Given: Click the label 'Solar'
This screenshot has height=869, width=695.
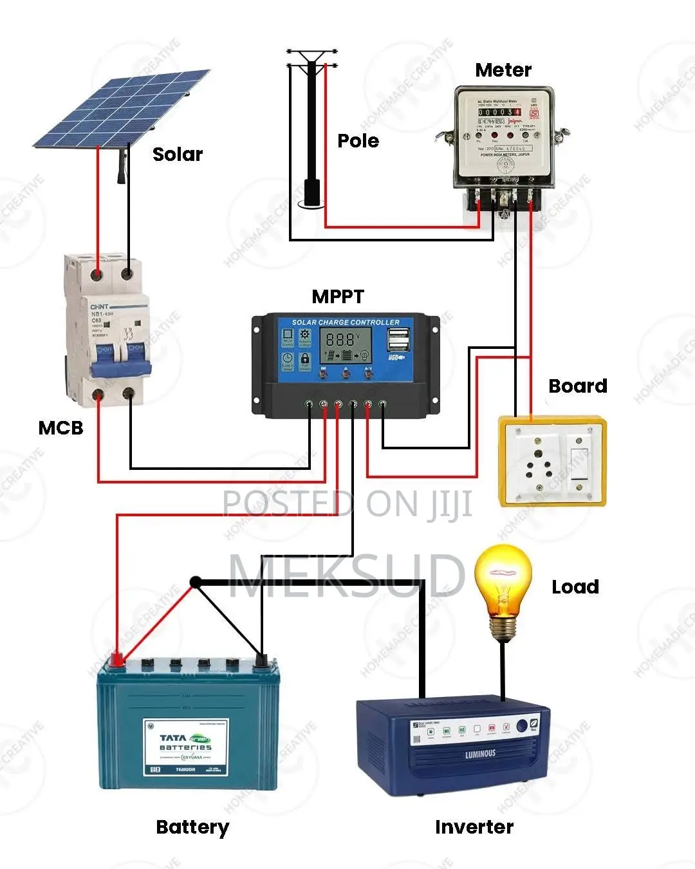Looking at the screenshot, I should pyautogui.click(x=178, y=154).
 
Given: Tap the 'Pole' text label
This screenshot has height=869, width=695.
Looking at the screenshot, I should pyautogui.click(x=358, y=141).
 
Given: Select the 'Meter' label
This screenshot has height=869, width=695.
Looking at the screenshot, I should pyautogui.click(x=503, y=70).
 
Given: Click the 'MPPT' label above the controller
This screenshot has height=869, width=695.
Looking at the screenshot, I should pyautogui.click(x=338, y=297).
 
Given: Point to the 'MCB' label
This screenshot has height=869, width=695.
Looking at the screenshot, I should pyautogui.click(x=61, y=428).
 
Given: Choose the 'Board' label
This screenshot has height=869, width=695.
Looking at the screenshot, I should pyautogui.click(x=578, y=386).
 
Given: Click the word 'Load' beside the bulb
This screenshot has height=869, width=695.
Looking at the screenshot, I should pyautogui.click(x=575, y=587).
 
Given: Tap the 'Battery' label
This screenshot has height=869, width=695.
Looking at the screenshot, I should pyautogui.click(x=192, y=828).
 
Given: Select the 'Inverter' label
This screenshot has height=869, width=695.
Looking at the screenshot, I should pyautogui.click(x=474, y=828).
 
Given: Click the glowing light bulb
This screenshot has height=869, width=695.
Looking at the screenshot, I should pyautogui.click(x=503, y=586).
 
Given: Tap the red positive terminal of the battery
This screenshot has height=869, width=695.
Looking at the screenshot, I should pyautogui.click(x=117, y=659).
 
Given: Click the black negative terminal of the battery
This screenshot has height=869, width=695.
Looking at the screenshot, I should pyautogui.click(x=261, y=660).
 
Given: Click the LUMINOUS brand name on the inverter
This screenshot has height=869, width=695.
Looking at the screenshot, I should pyautogui.click(x=480, y=753).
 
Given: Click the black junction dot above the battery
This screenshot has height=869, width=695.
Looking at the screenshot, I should pyautogui.click(x=196, y=583).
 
